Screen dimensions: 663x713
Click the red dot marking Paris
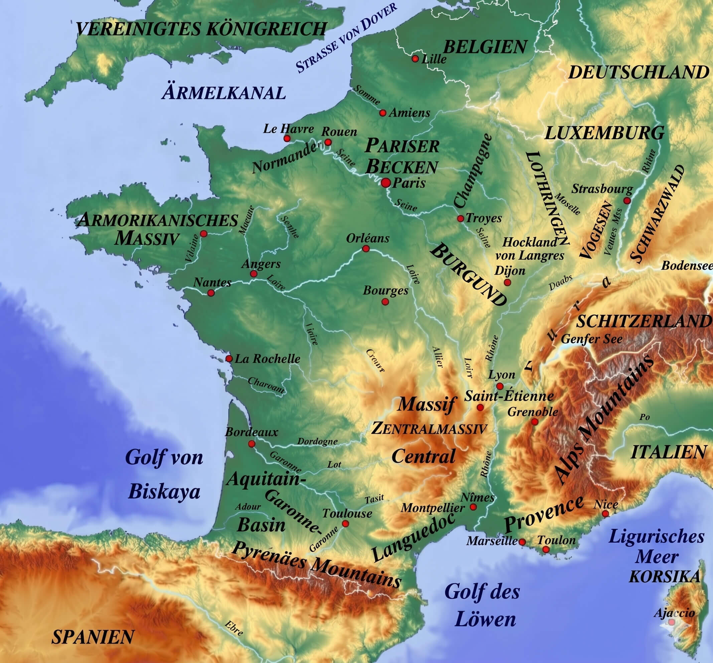click(x=386, y=182)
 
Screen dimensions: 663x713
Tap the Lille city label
click(x=434, y=59)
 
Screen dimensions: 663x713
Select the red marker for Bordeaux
click(x=252, y=444)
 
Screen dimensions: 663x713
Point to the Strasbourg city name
click(x=602, y=189)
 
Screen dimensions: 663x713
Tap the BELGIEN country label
click(x=485, y=47)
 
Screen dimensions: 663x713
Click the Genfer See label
click(x=591, y=339)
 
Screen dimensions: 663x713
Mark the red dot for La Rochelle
click(x=229, y=359)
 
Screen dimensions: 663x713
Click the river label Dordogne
click(x=317, y=442)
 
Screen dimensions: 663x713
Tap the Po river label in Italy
click(x=645, y=417)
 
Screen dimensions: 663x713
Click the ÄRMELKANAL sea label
click(x=224, y=93)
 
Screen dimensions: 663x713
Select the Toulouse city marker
click(x=345, y=523)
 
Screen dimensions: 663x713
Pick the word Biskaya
click(x=164, y=492)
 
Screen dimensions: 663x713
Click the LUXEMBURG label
click(x=604, y=133)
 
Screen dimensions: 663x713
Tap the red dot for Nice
click(x=605, y=514)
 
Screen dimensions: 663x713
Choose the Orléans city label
click(x=367, y=238)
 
